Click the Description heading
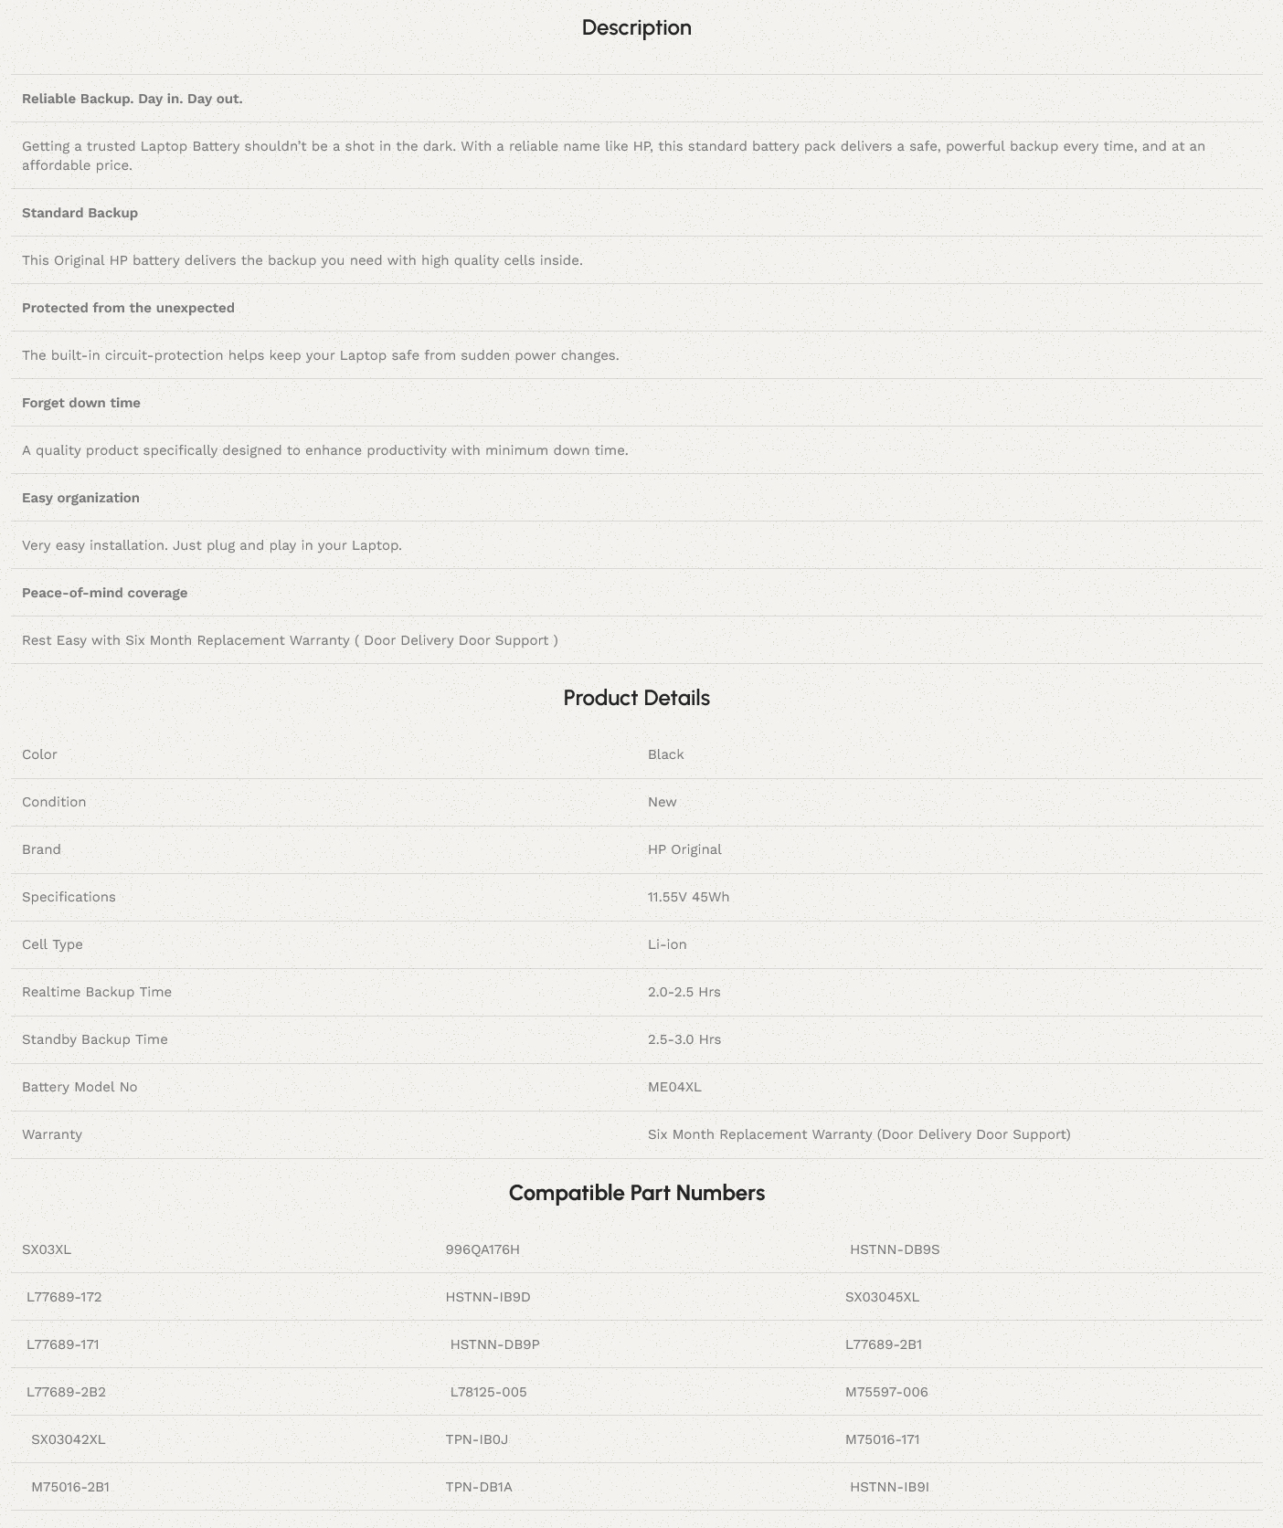[636, 27]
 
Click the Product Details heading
[636, 698]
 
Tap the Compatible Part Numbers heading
[636, 1193]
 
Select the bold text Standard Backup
[80, 213]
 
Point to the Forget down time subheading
[81, 403]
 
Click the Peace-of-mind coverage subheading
[104, 593]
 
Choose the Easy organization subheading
[80, 498]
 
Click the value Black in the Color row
[665, 754]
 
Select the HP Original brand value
[684, 849]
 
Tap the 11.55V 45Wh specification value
[688, 897]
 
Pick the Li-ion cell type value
[667, 944]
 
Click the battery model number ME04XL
[674, 1087]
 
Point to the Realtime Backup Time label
[97, 992]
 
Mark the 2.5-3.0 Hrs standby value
[684, 1039]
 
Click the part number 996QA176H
[482, 1249]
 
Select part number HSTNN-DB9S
[895, 1249]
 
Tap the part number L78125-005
[488, 1392]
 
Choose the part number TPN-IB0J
[476, 1439]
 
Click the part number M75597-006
[886, 1392]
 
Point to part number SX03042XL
[69, 1439]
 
